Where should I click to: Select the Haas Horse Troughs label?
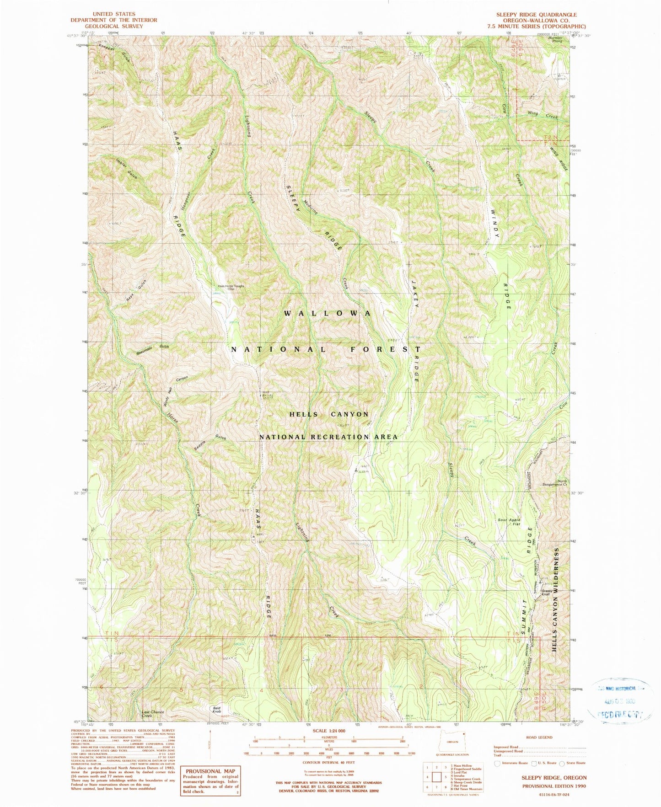tap(231, 288)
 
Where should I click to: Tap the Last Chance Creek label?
tap(152, 714)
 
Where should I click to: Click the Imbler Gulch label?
tap(126, 169)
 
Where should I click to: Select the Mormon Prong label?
tap(556, 39)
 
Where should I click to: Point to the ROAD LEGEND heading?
tap(539, 737)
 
